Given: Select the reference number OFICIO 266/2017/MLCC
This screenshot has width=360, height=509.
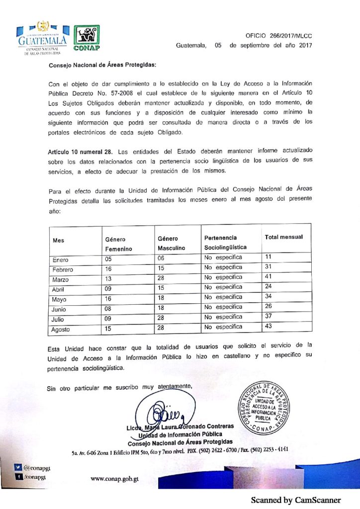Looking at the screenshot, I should tap(279, 36).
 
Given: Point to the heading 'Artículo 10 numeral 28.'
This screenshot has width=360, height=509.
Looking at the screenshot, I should tap(77, 151).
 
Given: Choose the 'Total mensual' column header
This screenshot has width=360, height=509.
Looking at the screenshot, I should tap(283, 238).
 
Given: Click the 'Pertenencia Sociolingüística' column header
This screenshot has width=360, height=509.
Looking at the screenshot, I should tap(225, 243).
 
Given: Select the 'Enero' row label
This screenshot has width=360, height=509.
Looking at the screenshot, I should tap(60, 260).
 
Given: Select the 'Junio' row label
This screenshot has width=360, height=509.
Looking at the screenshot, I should tap(60, 309).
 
